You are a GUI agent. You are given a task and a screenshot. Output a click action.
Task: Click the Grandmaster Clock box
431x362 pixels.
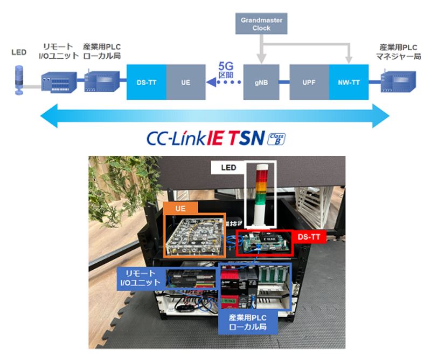[261, 24]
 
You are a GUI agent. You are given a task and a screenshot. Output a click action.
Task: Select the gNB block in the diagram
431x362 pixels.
[261, 82]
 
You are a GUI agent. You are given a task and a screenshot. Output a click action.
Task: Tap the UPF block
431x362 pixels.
[309, 82]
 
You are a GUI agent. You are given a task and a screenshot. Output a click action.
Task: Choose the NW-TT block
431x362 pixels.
[349, 82]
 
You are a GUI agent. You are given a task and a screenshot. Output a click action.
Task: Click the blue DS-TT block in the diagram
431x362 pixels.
[146, 82]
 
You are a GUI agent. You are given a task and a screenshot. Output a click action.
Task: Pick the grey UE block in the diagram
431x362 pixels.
[185, 82]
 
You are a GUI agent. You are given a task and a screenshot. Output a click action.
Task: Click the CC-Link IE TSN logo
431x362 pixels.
[205, 138]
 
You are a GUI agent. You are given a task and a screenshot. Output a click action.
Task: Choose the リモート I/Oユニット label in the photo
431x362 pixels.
[140, 278]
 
